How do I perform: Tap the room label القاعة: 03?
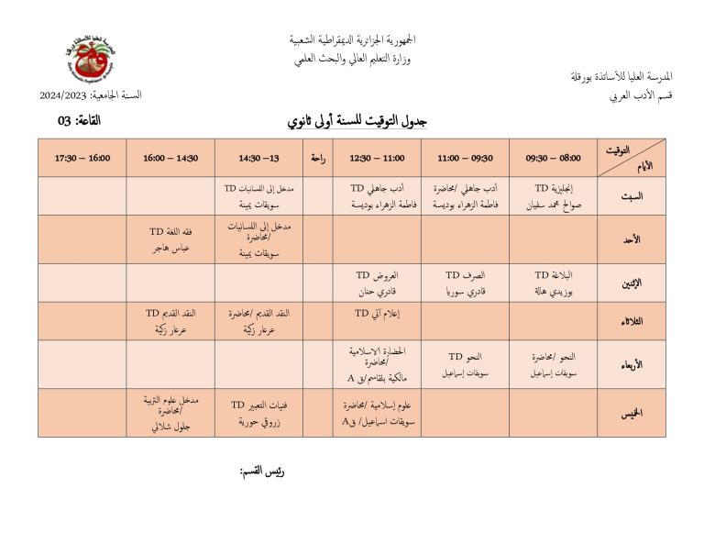tap(81, 121)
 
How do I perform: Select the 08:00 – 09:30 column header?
tap(553, 158)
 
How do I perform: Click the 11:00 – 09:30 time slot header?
tap(465, 158)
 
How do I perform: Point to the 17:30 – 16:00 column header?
tap(82, 158)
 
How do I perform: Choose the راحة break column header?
tap(317, 158)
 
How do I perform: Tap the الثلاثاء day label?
tap(632, 321)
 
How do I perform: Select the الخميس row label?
tap(632, 414)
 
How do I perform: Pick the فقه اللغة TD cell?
tap(170, 239)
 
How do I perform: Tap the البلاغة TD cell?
tap(553, 283)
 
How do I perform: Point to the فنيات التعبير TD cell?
tap(258, 413)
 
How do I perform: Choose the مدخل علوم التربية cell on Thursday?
tap(170, 413)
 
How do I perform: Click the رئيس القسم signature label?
tap(263, 472)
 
